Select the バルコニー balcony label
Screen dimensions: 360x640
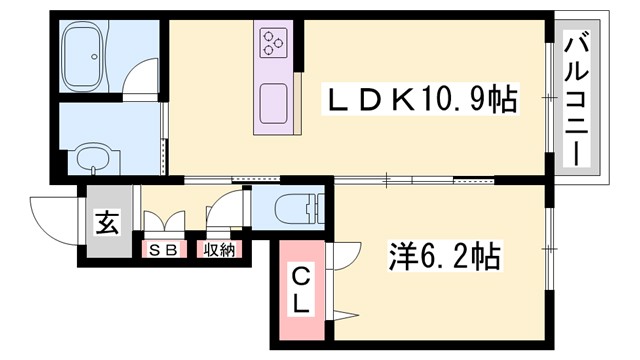point(578,99)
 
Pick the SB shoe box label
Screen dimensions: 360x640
point(163,250)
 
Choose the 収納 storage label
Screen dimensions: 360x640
point(220,250)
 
